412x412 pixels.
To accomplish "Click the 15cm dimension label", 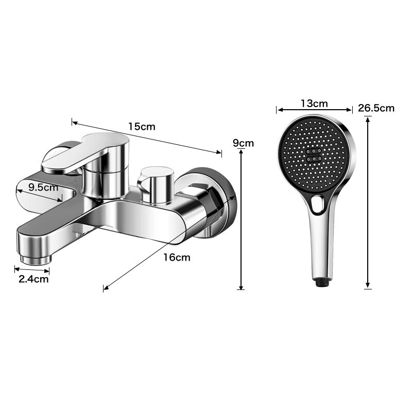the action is pyautogui.click(x=142, y=127).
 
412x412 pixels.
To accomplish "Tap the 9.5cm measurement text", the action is pyautogui.click(x=43, y=187).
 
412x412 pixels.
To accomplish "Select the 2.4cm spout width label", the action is pyautogui.click(x=33, y=279).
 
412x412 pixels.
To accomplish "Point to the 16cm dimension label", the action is pyautogui.click(x=177, y=257).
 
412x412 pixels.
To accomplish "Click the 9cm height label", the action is pyautogui.click(x=243, y=143).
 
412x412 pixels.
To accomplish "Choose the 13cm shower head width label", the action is pyautogui.click(x=314, y=104).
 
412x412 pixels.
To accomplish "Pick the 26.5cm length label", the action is pyautogui.click(x=376, y=108).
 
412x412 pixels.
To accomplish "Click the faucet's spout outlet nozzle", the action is pyautogui.click(x=36, y=259).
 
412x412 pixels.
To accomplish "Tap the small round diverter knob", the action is pyautogui.click(x=157, y=185).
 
